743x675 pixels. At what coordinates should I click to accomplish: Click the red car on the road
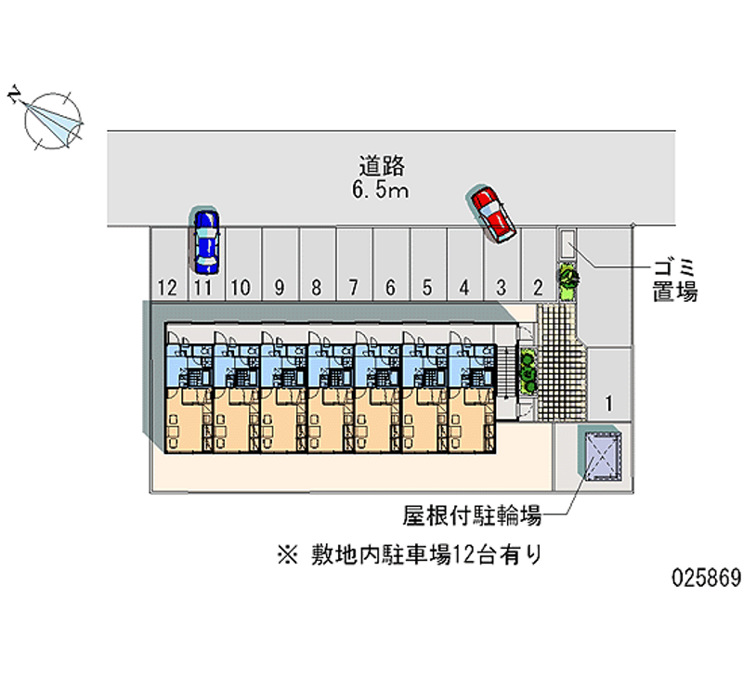pos(492,214)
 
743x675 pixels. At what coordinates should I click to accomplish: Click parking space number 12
pos(167,288)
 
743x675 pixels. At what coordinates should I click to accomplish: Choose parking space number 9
pos(279,288)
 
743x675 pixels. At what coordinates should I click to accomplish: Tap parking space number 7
pos(353,288)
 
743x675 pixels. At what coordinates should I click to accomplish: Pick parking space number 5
pos(427,288)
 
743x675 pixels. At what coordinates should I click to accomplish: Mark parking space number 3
pos(501,288)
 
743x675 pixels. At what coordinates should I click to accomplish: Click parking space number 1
pos(608,404)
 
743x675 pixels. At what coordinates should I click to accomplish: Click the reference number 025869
pos(705,577)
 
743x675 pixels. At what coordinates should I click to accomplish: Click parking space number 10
pos(241,288)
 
